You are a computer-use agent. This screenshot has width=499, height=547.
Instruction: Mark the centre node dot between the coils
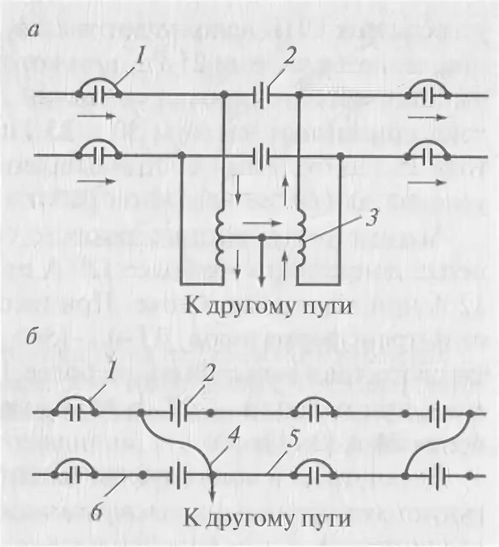coord(261,237)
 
